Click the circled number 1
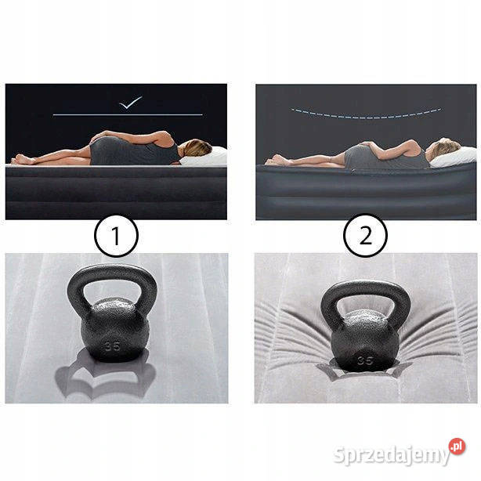(116, 236)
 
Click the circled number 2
(365, 235)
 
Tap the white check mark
(131, 103)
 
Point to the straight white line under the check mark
(128, 114)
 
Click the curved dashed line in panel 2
(366, 117)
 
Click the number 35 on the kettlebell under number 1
(112, 346)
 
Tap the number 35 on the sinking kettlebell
(365, 360)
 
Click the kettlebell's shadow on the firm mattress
(104, 376)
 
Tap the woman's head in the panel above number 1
(197, 147)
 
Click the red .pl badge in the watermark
(457, 447)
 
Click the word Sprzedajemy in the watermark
(392, 455)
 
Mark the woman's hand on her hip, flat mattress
(99, 136)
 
